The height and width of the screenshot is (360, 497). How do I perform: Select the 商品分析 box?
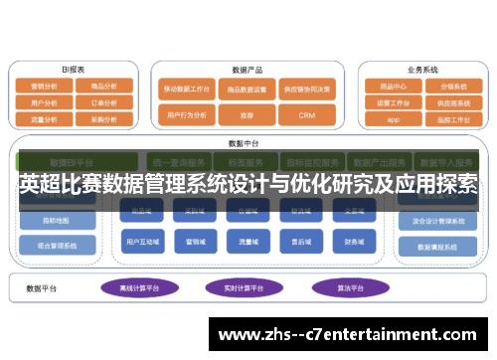pyautogui.click(x=102, y=86)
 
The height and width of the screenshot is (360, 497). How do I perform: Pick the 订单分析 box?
pyautogui.click(x=102, y=101)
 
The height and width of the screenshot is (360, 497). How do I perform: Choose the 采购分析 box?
pyautogui.click(x=102, y=117)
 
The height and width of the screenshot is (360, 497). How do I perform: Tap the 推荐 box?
pyautogui.click(x=248, y=115)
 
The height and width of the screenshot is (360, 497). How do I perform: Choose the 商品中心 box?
pyautogui.click(x=393, y=86)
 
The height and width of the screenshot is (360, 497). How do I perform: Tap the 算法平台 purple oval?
pyautogui.click(x=343, y=287)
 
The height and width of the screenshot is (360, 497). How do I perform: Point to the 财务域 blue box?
pyautogui.click(x=354, y=241)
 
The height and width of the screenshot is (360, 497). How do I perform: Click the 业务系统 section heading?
pyautogui.click(x=422, y=70)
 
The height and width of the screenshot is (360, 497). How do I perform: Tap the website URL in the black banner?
pyautogui.click(x=353, y=335)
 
